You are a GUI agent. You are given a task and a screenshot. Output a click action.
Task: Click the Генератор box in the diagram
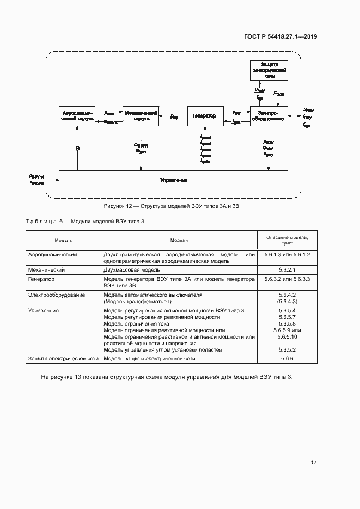click(205, 116)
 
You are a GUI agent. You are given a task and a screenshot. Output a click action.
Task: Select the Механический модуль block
click(141, 116)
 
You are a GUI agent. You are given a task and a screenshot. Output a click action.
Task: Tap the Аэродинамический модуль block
click(78, 116)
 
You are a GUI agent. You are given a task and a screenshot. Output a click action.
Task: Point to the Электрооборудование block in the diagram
click(269, 116)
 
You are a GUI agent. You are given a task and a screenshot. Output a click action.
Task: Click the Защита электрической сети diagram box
click(269, 71)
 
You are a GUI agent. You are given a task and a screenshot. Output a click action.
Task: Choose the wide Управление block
click(173, 179)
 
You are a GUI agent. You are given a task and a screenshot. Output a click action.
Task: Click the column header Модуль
click(63, 240)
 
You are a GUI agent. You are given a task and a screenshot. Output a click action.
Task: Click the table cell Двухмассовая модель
click(131, 270)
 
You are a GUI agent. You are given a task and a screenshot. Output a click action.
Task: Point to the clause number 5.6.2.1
click(286, 270)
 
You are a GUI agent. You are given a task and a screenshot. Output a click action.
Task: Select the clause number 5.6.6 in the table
click(286, 359)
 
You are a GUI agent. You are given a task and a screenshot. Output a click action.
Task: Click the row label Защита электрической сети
click(63, 359)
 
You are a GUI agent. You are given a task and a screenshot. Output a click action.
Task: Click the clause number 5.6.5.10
click(286, 337)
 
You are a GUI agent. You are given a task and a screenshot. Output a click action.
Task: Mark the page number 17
click(313, 463)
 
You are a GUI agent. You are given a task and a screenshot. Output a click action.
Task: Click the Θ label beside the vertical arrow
click(77, 148)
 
